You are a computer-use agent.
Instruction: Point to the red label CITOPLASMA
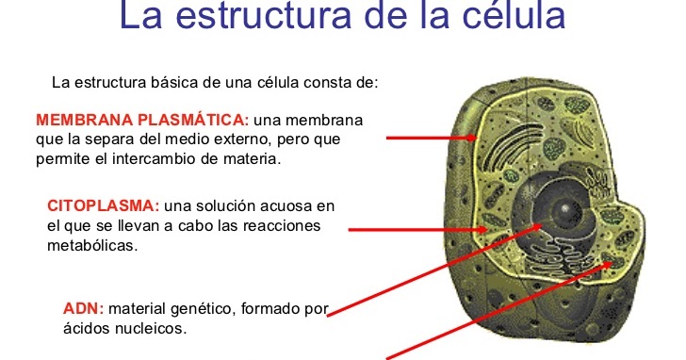tap(103, 206)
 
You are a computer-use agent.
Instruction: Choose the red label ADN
tap(83, 309)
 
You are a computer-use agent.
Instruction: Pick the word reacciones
tap(283, 225)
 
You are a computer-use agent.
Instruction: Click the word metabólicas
tap(92, 245)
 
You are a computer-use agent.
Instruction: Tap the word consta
tap(321, 82)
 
